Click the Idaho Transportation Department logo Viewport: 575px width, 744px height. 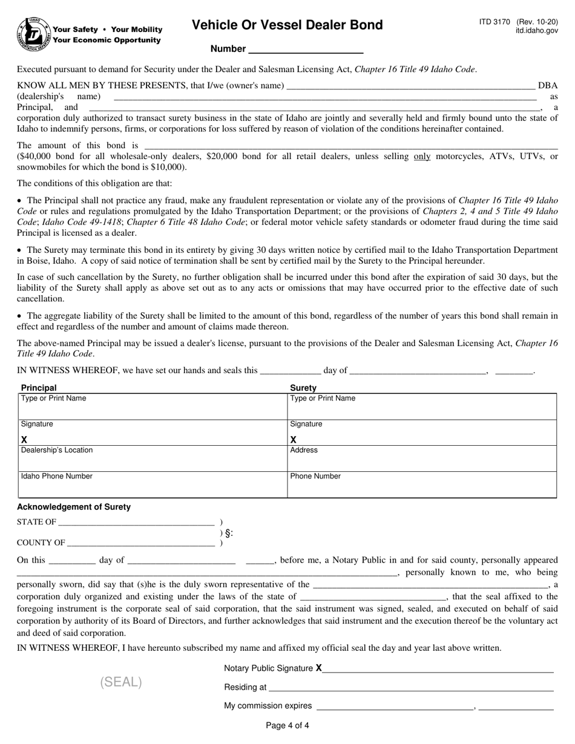tap(34, 34)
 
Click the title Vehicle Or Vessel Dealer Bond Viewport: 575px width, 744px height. tap(287, 25)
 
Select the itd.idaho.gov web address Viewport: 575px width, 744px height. tap(537, 30)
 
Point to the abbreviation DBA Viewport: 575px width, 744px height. tap(548, 86)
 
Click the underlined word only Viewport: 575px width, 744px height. tap(422, 156)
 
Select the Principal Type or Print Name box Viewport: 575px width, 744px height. tap(153, 406)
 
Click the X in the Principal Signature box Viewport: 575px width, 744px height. tap(24, 440)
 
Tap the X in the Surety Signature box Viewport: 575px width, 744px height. tap(294, 440)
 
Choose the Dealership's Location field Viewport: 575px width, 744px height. tap(153, 458)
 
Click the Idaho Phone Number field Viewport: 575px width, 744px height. tap(153, 485)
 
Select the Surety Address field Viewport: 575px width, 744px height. tap(422, 458)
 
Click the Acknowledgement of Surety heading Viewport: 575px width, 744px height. tap(74, 507)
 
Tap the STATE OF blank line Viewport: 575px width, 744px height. tap(136, 522)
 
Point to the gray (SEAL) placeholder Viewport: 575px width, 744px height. tap(121, 682)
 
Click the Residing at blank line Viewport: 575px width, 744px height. tap(411, 687)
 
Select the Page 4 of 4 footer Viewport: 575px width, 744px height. tap(287, 726)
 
